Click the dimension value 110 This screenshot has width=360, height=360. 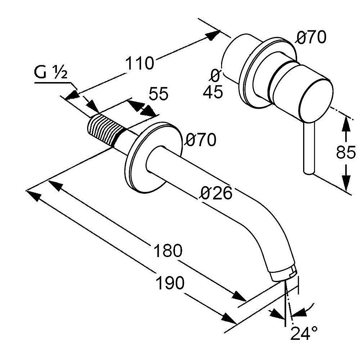(140, 63)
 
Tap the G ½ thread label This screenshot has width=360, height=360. (51, 74)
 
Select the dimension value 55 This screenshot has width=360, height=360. (158, 94)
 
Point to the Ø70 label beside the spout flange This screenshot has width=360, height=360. (201, 140)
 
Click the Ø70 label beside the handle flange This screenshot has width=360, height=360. (311, 37)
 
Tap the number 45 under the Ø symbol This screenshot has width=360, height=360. (213, 93)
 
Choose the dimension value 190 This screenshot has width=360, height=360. (170, 283)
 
